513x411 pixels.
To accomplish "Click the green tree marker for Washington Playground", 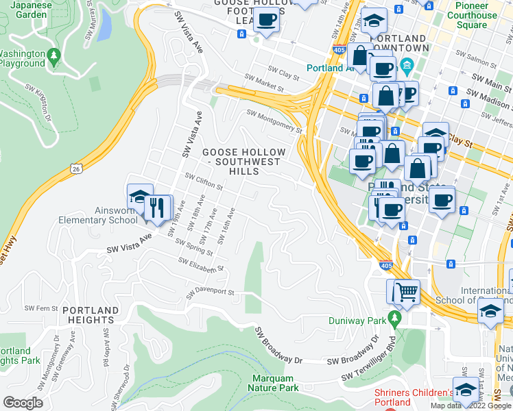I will tap(53, 53).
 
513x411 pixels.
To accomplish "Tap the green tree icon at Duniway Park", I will tap(394, 318).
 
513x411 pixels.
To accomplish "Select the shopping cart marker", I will tap(403, 292).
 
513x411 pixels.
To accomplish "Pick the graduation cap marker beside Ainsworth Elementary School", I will tap(140, 197).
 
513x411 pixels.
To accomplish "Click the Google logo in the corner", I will tap(23, 403).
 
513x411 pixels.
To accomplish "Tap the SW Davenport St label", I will tap(210, 294).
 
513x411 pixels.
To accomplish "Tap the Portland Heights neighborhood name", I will tap(88, 315).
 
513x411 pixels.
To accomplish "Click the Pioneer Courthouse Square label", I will tap(472, 15).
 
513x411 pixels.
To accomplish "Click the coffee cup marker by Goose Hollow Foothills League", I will tap(266, 20).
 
